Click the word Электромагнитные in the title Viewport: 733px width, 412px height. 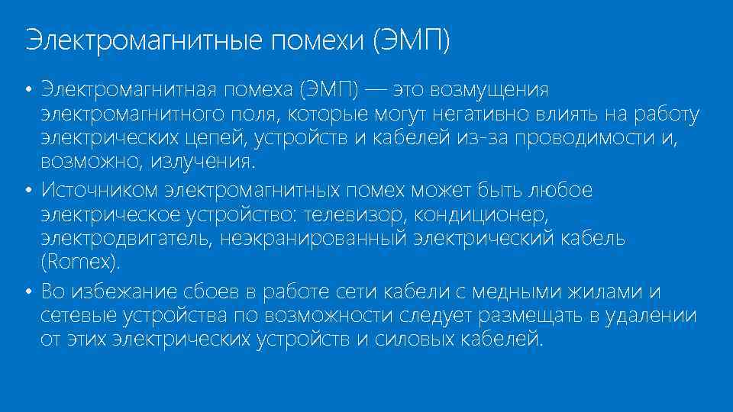pos(143,40)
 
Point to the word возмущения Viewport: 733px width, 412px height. pos(489,90)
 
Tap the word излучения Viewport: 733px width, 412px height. pos(202,163)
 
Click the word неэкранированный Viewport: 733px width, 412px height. pos(315,238)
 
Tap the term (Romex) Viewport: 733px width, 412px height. pos(80,262)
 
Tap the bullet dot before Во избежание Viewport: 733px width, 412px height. pos(27,292)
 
